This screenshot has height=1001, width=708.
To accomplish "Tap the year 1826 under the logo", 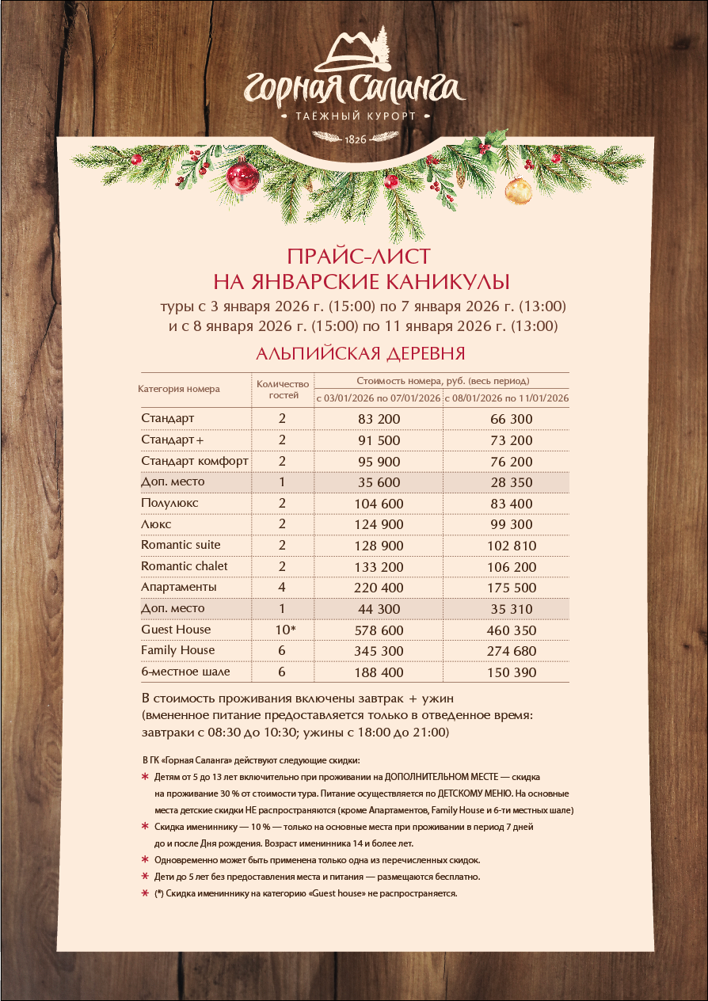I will [x=355, y=139].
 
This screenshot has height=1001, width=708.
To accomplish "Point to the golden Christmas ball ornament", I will [x=519, y=190].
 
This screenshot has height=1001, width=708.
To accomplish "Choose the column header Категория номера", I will [x=179, y=389].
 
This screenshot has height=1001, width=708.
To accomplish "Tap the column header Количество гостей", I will [x=282, y=389].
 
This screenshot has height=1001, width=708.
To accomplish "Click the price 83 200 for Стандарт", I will [x=379, y=419].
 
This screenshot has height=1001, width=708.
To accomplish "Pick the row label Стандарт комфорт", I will [x=195, y=461].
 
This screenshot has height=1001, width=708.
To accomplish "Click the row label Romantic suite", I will [x=181, y=545].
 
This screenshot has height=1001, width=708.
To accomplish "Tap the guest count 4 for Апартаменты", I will [x=282, y=588].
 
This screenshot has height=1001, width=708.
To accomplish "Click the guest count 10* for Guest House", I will [x=283, y=630].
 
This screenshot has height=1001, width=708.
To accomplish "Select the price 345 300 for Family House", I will [x=379, y=651].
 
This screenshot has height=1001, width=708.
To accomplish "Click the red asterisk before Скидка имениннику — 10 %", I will [x=145, y=827].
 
